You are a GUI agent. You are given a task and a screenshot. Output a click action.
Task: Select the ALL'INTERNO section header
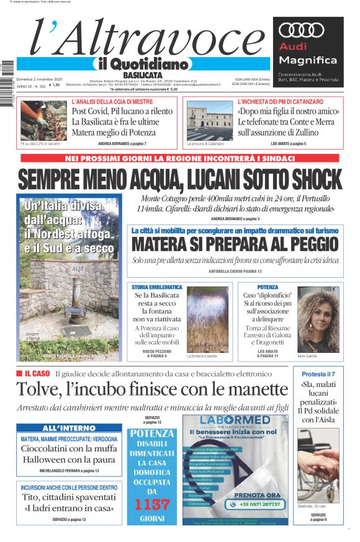click(x=69, y=429)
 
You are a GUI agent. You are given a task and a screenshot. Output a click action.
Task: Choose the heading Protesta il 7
click(x=318, y=373)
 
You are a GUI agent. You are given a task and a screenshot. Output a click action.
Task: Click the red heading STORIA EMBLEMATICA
click(x=157, y=287)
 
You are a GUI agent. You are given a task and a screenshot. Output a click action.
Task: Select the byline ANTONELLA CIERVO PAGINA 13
click(x=235, y=272)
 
